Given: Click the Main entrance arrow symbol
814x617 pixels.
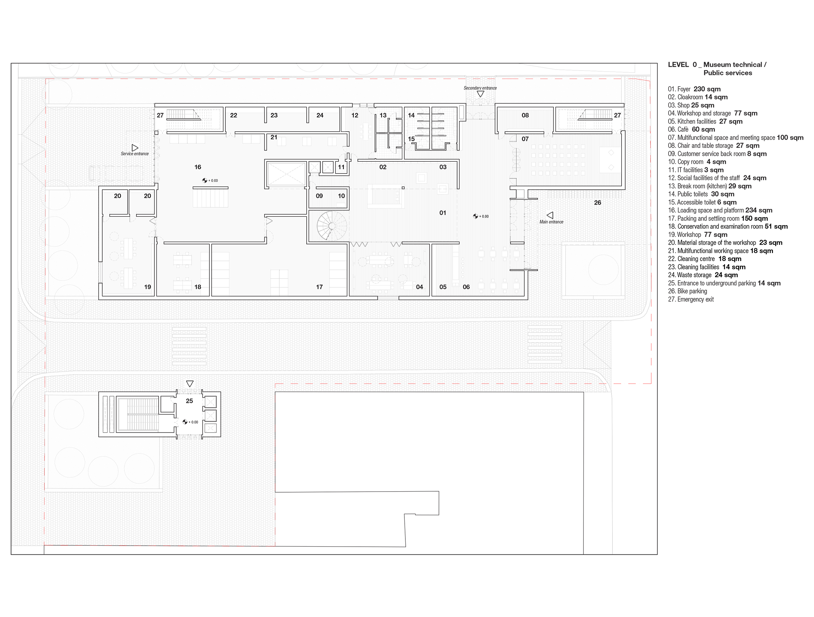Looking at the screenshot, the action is pos(550,215).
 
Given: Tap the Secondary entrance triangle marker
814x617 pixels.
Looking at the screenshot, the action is pos(480,94).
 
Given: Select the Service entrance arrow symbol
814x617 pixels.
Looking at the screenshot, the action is pos(135,148).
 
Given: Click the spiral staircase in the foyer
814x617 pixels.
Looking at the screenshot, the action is pos(331,226).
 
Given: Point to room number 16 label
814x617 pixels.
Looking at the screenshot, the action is pos(198,167).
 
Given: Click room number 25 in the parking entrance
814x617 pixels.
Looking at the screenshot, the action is pos(189,401).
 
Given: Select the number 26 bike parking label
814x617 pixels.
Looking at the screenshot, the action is pos(597,203).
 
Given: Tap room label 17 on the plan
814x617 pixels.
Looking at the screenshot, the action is pos(319,287).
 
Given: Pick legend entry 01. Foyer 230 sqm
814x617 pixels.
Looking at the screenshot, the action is pos(695,89).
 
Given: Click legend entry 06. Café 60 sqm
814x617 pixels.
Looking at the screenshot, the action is pos(692,130).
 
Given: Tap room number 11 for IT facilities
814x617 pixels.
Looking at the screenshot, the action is pos(341,167).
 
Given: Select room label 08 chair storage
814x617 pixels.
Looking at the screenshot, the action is pos(525,115).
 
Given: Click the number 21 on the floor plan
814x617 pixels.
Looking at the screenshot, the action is pos(274,137).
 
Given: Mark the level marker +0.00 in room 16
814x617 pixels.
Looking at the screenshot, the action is pos(210,180).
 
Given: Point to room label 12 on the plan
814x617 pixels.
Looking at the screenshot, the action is pos(355,115).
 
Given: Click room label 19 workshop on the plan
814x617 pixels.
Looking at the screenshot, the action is pos(147,287).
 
